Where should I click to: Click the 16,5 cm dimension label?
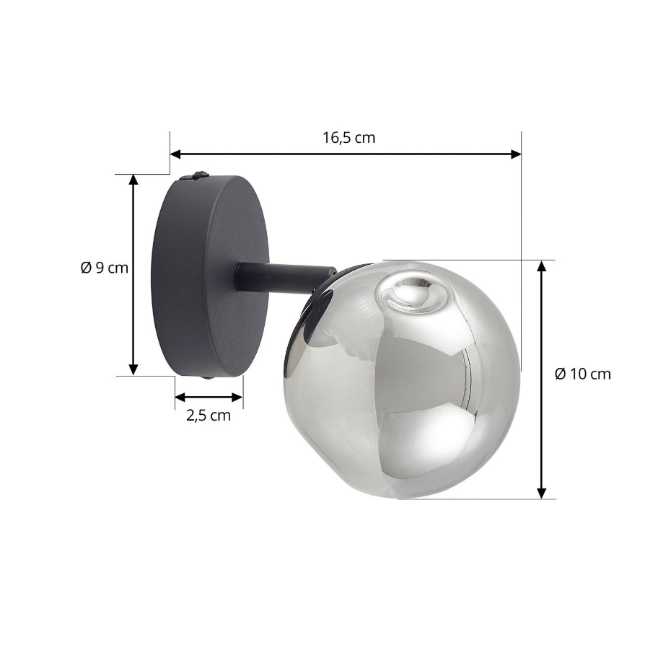tap(348, 138)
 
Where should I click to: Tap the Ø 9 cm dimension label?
tap(105, 268)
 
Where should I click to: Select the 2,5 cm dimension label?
tap(209, 416)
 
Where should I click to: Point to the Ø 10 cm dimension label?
tap(583, 374)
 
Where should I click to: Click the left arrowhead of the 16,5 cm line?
tap(175, 154)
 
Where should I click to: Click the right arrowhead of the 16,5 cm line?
tap(516, 154)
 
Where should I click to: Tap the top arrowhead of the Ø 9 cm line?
tap(133, 180)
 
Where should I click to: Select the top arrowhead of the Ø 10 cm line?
tap(542, 266)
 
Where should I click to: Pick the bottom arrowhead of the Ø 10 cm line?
tap(542, 494)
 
